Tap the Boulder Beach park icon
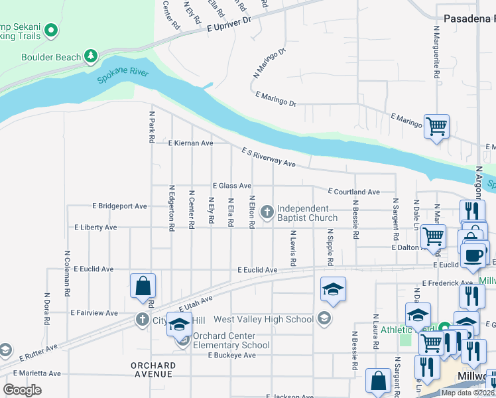point(90,57)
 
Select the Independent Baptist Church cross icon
point(267,212)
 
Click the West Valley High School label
point(263,320)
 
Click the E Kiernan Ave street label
point(190,143)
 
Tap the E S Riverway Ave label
point(268,158)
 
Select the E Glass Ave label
point(231,186)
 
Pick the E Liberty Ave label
point(95,228)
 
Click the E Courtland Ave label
point(353,192)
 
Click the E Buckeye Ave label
point(231,356)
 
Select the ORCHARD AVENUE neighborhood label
point(153,369)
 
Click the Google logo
point(23,389)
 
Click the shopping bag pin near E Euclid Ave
point(143,286)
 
